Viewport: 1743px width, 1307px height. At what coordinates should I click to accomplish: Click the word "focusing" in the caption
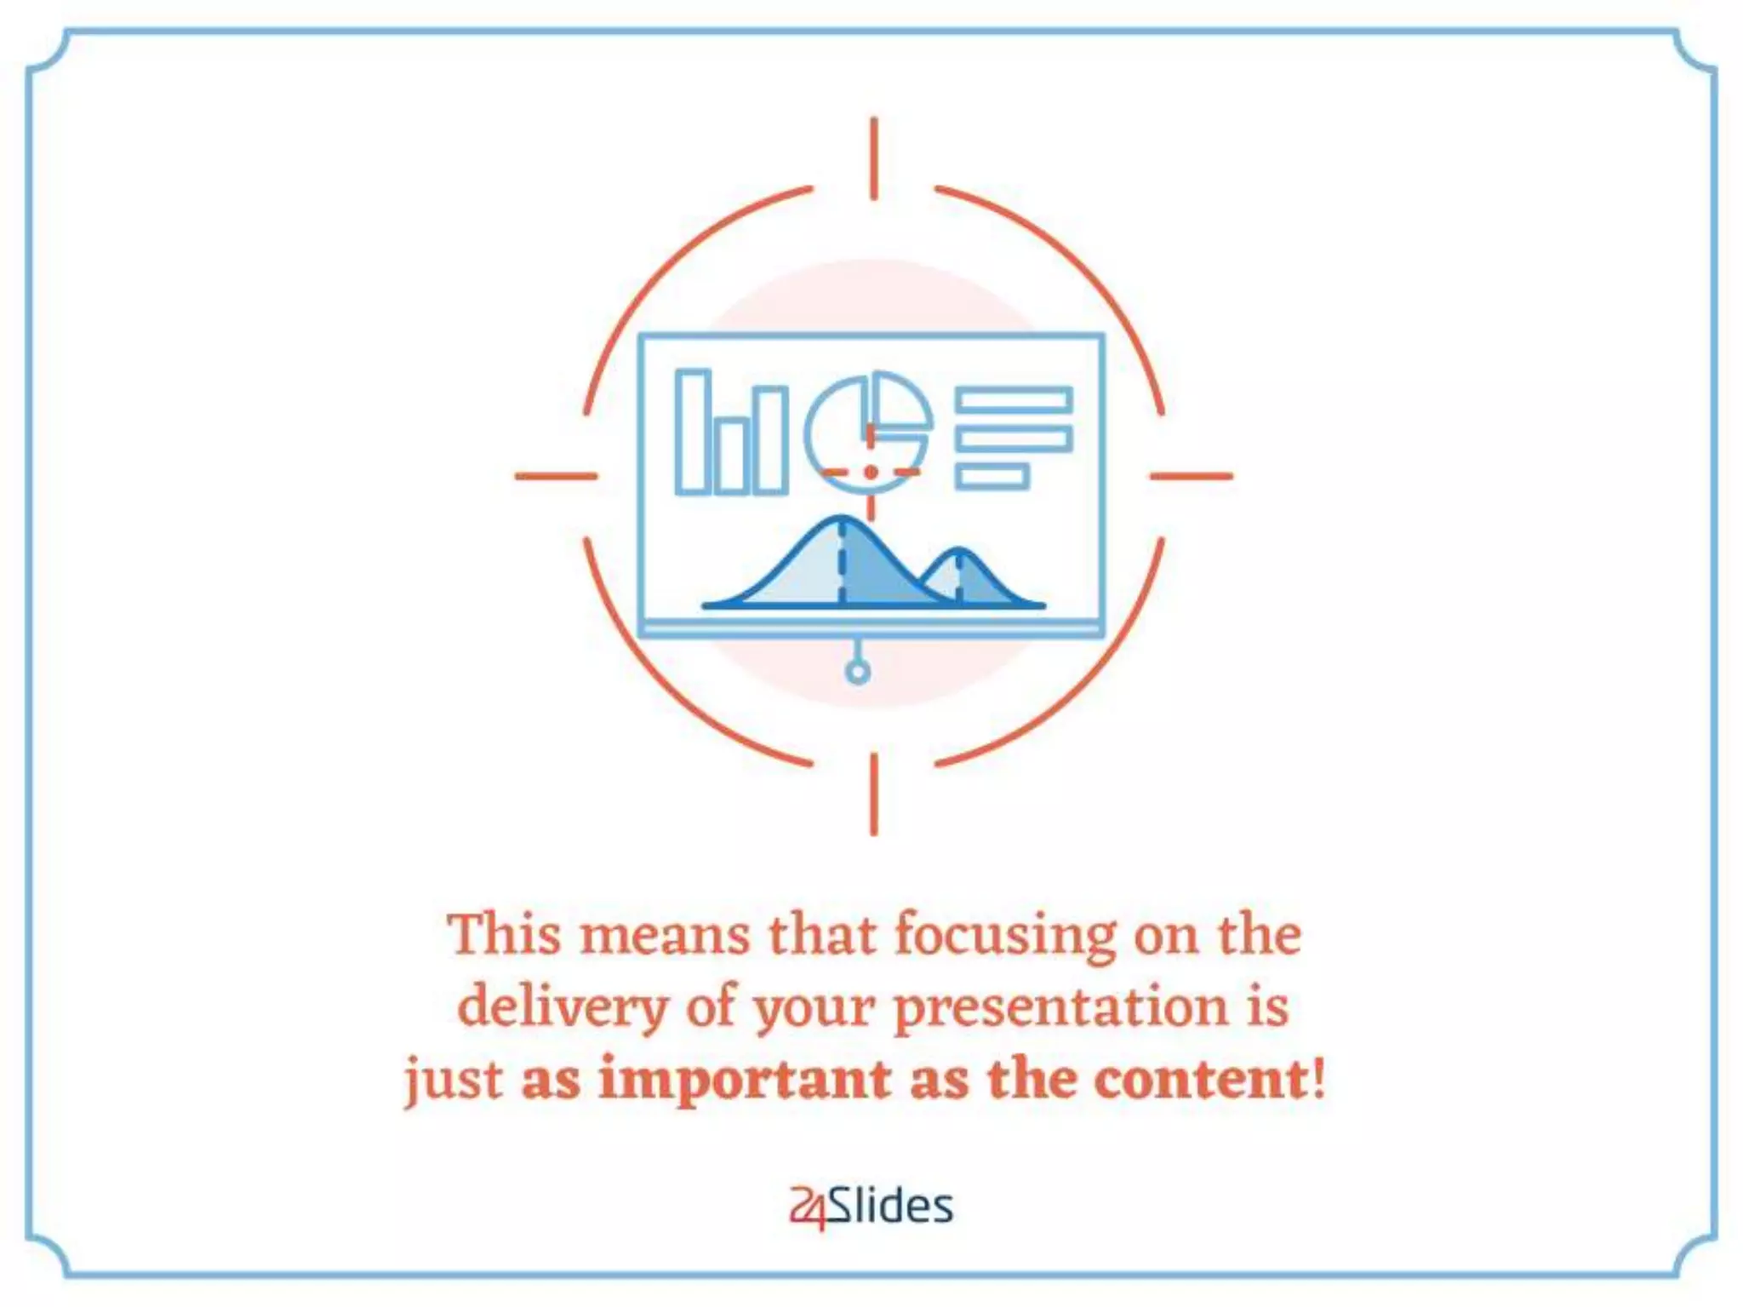[1004, 937]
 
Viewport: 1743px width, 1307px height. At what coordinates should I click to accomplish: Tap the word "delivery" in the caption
[562, 1008]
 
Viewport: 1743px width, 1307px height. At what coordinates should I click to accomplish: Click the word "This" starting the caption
[504, 935]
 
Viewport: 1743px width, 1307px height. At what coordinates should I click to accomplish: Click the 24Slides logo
[871, 1207]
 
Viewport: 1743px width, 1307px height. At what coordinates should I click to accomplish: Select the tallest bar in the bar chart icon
[692, 432]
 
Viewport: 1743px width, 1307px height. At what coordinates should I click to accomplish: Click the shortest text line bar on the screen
[992, 477]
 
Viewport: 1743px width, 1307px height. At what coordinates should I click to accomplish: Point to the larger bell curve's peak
[841, 519]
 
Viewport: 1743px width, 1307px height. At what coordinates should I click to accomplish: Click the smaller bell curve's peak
[959, 552]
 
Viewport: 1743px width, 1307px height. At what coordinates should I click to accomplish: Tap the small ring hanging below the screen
[858, 673]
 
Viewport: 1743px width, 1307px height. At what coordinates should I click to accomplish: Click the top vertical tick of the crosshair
[874, 159]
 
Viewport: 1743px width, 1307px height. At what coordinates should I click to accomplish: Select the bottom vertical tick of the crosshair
[874, 794]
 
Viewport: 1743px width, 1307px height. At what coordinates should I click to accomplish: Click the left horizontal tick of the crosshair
[557, 476]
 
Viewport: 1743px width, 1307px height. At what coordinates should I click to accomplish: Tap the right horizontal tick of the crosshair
[1191, 476]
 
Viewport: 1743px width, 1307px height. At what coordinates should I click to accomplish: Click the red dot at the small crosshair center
[870, 472]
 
